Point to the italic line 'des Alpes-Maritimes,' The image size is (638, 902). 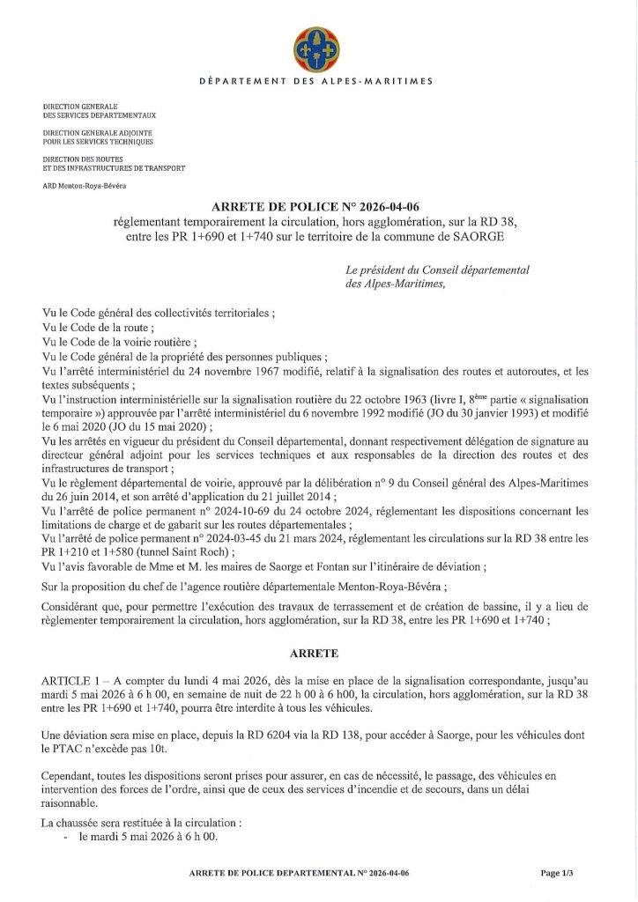pos(396,285)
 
